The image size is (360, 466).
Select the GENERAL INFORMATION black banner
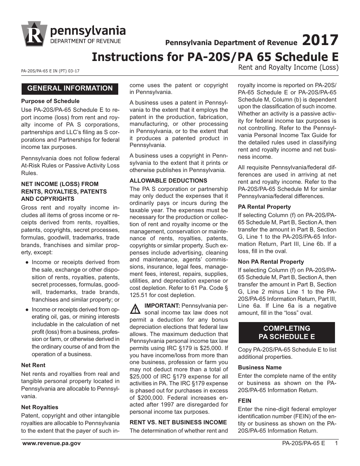pyautogui.click(x=70, y=88)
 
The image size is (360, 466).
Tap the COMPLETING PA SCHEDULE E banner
pyautogui.click(x=286, y=332)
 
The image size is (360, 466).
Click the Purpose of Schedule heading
pyautogui.click(x=50, y=101)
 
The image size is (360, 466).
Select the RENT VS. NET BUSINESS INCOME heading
pyautogui.click(x=178, y=422)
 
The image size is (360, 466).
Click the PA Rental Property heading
pyautogui.click(x=264, y=207)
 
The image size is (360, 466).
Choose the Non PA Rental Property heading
pyautogui.click(x=271, y=262)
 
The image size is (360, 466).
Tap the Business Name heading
pyautogui.click(x=260, y=367)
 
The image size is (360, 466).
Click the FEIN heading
pyautogui.click(x=244, y=400)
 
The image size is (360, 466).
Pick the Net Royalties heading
pyautogui.click(x=40, y=407)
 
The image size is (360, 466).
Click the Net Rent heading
pyautogui.click(x=33, y=365)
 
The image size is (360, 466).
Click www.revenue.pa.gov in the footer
pyautogui.click(x=51, y=443)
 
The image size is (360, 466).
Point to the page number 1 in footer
pyautogui.click(x=336, y=443)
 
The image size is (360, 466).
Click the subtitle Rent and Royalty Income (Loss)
pyautogui.click(x=288, y=68)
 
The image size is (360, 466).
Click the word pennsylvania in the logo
pyautogui.click(x=88, y=30)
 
